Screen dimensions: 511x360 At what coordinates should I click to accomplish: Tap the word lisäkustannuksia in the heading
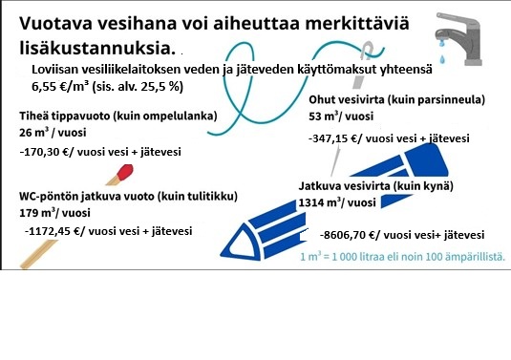click(96, 48)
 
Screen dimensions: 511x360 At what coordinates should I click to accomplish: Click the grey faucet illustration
click(458, 39)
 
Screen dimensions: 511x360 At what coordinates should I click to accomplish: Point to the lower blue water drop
click(442, 59)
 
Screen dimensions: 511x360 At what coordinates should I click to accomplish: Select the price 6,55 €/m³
click(60, 87)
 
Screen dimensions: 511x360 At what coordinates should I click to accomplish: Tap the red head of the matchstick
click(125, 172)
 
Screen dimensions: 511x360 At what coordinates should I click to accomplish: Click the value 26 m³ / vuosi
click(53, 133)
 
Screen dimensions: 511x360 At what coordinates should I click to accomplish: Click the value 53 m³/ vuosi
click(341, 116)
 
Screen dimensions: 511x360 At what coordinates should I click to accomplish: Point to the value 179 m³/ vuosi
click(54, 213)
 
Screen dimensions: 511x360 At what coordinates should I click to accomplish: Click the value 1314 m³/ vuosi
click(337, 202)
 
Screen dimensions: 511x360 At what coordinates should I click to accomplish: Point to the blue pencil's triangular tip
click(241, 244)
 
